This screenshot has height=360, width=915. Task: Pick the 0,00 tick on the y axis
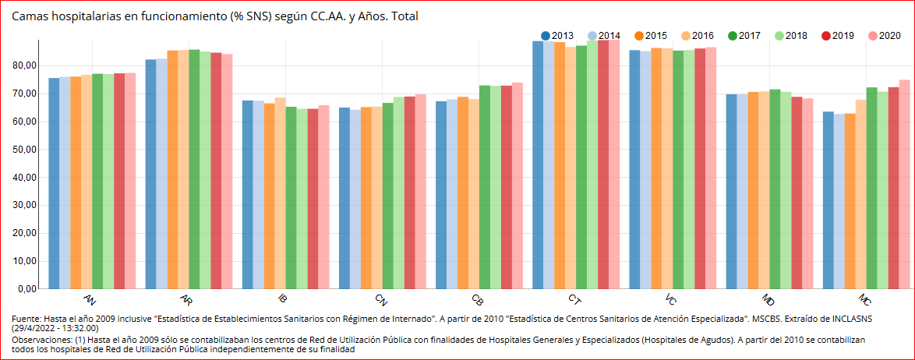[x=26, y=288]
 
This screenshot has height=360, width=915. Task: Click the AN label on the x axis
[x=90, y=300]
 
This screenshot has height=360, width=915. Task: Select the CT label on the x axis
[x=574, y=300]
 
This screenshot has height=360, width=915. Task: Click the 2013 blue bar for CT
[x=538, y=164]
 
